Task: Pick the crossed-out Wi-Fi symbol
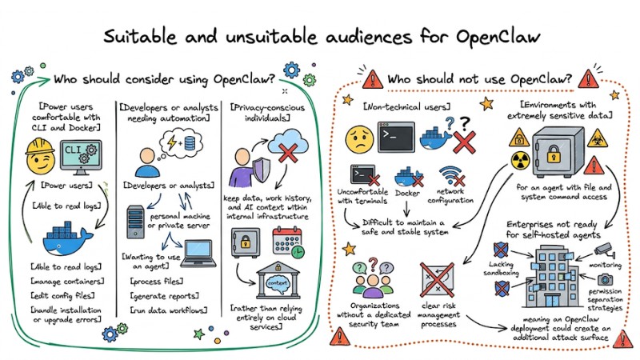pyautogui.click(x=453, y=177)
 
